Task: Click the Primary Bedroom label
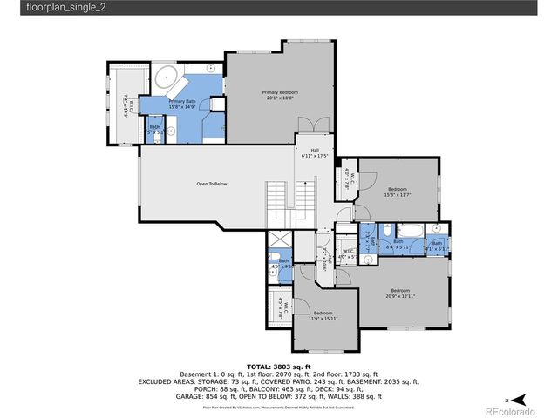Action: [281, 94]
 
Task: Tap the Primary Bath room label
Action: [182, 104]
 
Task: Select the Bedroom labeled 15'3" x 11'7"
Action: [398, 192]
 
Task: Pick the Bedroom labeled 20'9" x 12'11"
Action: [400, 293]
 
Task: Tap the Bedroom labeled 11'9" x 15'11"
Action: [322, 315]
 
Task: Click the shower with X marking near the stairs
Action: [280, 242]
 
